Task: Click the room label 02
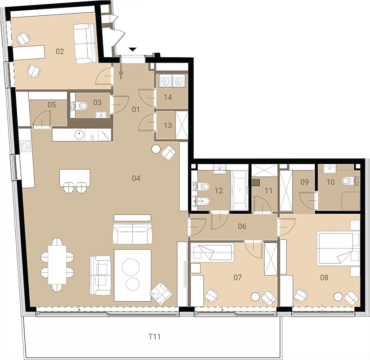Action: tap(60, 51)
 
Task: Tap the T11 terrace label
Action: tap(154, 337)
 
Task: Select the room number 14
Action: tap(168, 97)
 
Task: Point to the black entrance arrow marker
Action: tap(133, 49)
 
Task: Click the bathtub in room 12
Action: tap(239, 191)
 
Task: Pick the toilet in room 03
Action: tap(80, 106)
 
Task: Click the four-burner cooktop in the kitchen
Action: tap(26, 146)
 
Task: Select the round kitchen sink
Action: tap(79, 135)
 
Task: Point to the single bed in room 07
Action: tap(212, 252)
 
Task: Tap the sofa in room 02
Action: tap(85, 44)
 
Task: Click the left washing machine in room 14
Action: tap(165, 81)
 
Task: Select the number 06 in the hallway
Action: tap(242, 226)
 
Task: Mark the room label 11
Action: tap(269, 191)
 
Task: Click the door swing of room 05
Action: tap(42, 119)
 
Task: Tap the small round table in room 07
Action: tap(255, 297)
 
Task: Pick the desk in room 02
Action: tap(29, 53)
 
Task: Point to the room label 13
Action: tap(168, 125)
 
